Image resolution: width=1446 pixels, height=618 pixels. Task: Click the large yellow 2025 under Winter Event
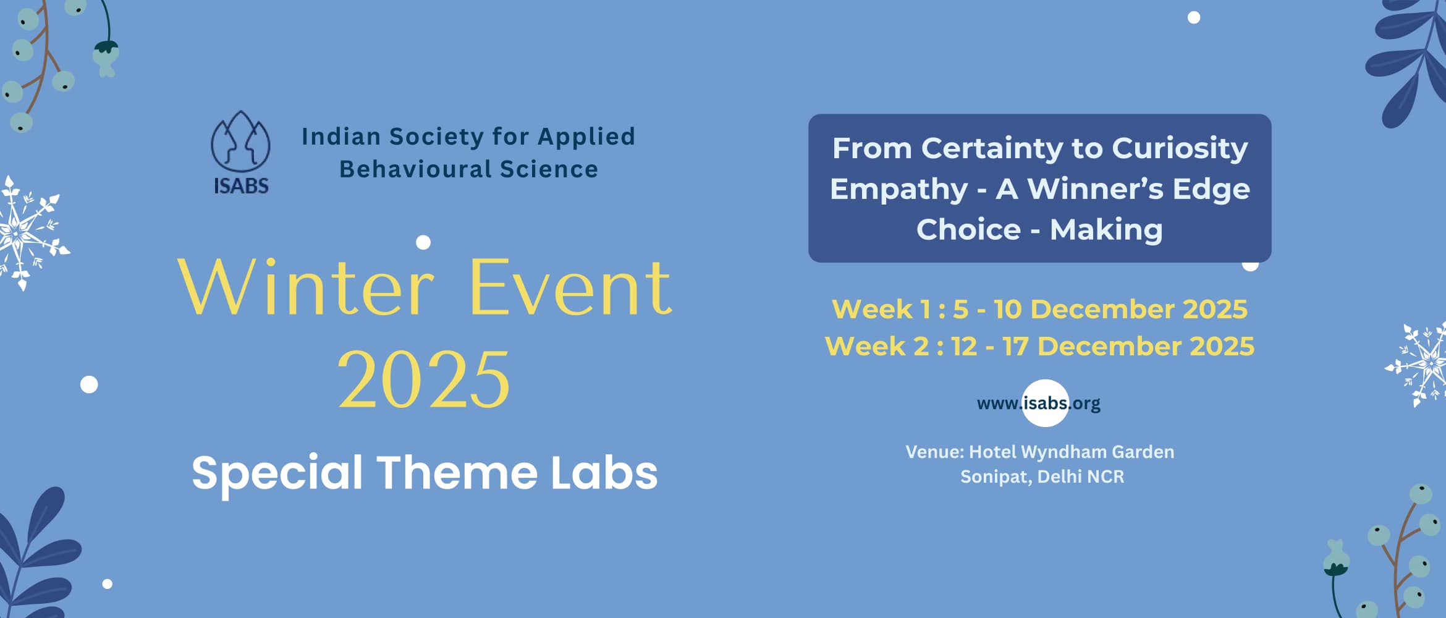(424, 379)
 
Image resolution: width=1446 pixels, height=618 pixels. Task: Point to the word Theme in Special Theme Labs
(457, 473)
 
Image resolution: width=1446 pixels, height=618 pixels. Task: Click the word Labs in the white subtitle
(604, 473)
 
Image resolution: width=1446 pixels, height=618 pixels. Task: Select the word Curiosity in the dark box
(1180, 149)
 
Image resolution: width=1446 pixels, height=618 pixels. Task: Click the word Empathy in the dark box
(898, 189)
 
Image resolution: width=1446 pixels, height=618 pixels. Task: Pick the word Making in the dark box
(1106, 230)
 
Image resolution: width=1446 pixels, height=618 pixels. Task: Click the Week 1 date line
(1039, 309)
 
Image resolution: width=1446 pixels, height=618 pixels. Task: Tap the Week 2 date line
(1039, 346)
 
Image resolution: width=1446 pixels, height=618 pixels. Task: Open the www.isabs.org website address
(1038, 404)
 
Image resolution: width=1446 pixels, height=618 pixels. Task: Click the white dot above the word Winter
(423, 242)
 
